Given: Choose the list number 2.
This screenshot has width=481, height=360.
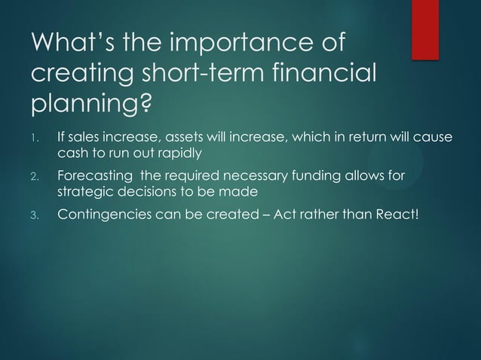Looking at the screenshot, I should coord(34,178).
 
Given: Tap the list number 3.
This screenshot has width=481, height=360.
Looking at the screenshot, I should coord(34,217).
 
